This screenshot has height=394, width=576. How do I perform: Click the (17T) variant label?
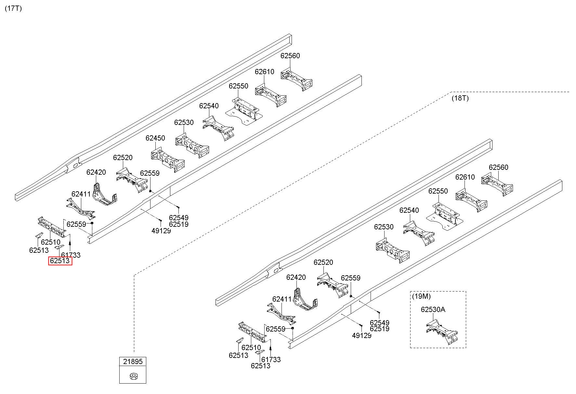[x=13, y=8]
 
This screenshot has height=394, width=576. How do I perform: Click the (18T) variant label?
[x=460, y=98]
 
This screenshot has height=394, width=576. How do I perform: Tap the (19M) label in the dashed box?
[x=421, y=296]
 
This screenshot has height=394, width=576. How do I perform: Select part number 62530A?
[x=433, y=309]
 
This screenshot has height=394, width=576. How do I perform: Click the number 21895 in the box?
[x=133, y=361]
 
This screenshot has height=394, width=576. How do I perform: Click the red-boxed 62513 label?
[x=60, y=261]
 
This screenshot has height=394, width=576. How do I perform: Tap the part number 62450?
[x=155, y=138]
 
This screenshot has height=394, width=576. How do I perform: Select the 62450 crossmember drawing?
[x=168, y=159]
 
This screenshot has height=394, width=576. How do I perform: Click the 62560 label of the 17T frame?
[x=290, y=56]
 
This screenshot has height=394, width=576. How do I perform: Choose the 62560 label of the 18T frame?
[x=498, y=167]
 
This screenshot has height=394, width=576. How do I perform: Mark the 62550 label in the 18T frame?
[x=438, y=191]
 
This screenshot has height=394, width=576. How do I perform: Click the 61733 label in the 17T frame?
[x=71, y=255]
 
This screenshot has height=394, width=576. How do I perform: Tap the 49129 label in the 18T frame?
[x=361, y=335]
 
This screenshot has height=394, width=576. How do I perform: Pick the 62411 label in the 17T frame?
[x=81, y=194]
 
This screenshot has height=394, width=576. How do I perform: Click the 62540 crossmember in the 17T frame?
[x=219, y=128]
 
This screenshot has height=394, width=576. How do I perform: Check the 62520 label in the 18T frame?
[x=323, y=262]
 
